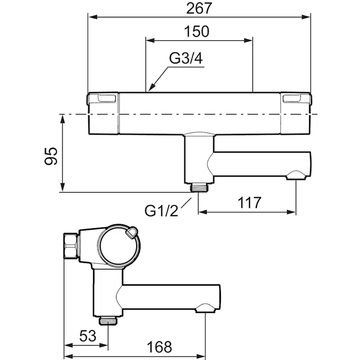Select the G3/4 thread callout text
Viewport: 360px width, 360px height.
pyautogui.click(x=186, y=59)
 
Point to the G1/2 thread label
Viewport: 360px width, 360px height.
pyautogui.click(x=161, y=211)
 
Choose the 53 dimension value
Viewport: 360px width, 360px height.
pyautogui.click(x=87, y=336)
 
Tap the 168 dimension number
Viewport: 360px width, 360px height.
pyautogui.click(x=158, y=347)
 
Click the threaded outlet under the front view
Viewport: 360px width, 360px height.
pyautogui.click(x=200, y=187)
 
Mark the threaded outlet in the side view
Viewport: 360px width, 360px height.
pyautogui.click(x=107, y=321)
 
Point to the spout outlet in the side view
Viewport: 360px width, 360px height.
pyautogui.click(x=204, y=309)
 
